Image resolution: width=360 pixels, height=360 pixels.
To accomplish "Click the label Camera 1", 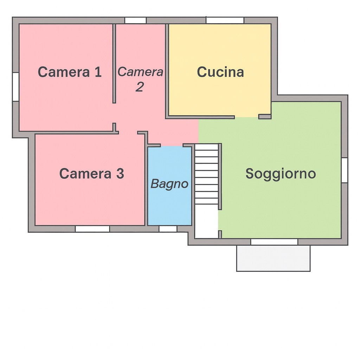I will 70,72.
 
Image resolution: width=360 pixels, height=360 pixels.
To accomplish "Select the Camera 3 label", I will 91,174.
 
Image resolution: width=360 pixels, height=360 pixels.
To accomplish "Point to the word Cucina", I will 220,72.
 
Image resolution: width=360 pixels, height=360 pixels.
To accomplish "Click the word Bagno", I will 169,184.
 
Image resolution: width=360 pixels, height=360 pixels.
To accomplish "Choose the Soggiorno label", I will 281,174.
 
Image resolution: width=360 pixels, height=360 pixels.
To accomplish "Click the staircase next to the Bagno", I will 206,174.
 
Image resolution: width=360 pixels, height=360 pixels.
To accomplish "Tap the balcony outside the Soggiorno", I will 273,258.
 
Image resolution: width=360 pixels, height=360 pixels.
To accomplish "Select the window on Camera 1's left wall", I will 15,87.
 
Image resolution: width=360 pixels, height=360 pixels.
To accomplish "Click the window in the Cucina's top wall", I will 225,20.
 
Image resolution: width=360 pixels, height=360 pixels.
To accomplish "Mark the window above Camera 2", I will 135,20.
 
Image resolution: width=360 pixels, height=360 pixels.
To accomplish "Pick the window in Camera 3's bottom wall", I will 92,229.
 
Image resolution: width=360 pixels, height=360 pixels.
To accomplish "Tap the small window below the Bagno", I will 168,229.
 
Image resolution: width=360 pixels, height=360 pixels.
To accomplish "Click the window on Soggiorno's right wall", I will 345,170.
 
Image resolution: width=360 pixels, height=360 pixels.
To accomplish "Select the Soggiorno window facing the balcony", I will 274,242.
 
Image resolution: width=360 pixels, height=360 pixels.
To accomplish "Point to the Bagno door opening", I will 172,145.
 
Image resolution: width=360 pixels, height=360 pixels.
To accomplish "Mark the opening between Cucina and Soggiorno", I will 246,117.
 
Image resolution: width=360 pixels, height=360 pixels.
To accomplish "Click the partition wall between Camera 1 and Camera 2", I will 114,63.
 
